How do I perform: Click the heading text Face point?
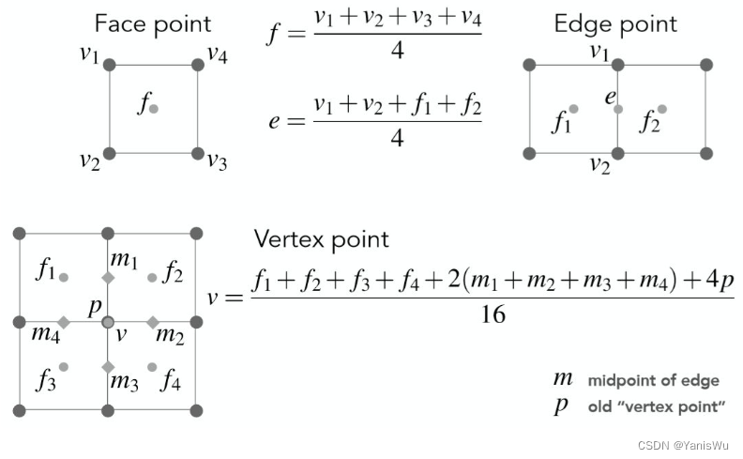coord(153,23)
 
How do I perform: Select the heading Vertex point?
coord(322,238)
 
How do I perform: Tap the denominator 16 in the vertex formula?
coord(493,314)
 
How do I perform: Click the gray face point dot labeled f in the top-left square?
coord(154,109)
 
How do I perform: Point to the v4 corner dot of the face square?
coord(198,65)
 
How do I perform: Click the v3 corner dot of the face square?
coord(198,153)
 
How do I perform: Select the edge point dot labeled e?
coord(618,109)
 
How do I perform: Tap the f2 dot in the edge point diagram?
coord(662,109)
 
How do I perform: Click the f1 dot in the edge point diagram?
coord(573,109)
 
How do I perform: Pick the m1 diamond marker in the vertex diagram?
coord(108,278)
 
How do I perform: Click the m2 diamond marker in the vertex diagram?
coord(153,322)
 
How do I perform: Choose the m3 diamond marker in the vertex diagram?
coord(108,366)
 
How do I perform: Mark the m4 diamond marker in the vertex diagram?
coord(64,322)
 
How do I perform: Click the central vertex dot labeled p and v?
coord(108,322)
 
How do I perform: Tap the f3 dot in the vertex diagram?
coord(64,366)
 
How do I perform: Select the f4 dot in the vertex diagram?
coord(153,366)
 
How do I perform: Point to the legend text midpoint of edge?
coord(654,380)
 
